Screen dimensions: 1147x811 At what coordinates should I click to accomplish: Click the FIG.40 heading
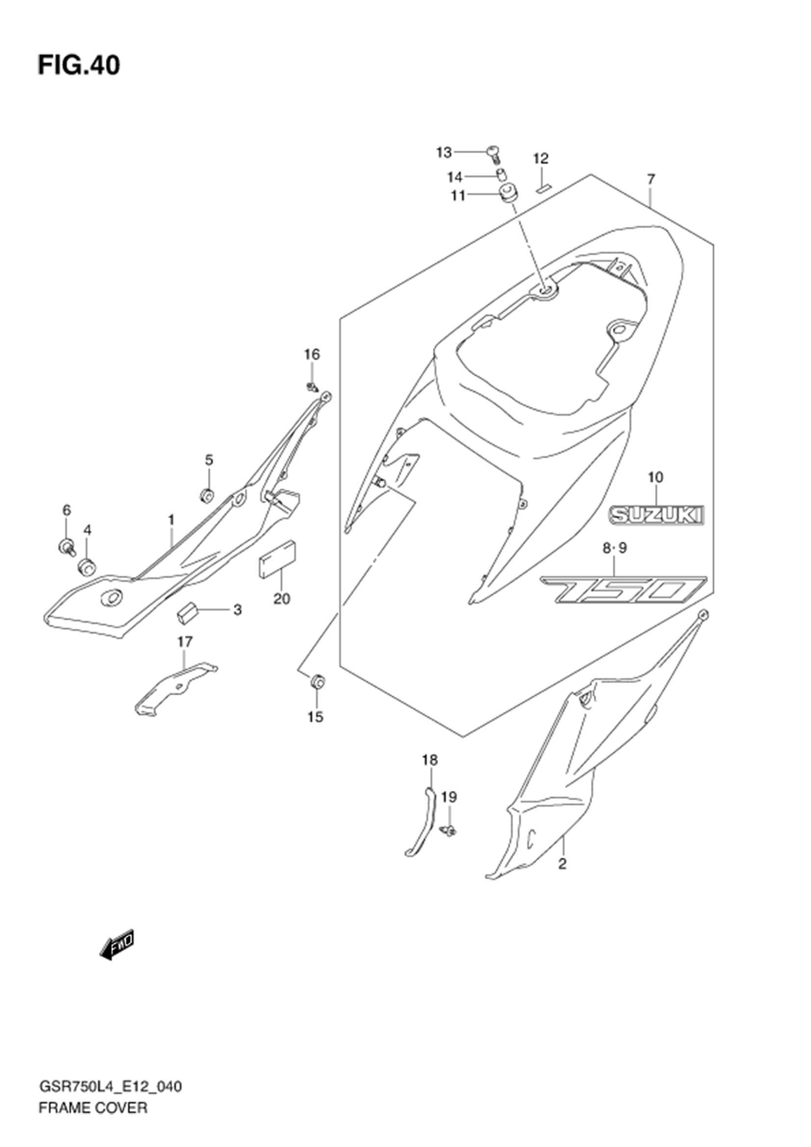point(79,66)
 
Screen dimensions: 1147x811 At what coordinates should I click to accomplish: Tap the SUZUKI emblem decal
point(655,515)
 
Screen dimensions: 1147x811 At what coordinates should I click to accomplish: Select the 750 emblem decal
point(623,591)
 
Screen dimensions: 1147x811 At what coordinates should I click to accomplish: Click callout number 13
point(444,153)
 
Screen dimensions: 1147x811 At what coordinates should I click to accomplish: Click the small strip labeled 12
point(543,188)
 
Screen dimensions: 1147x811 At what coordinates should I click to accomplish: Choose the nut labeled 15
point(317,681)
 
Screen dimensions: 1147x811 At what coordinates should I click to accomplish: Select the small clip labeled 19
point(449,831)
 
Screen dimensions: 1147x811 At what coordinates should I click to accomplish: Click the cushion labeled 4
point(87,567)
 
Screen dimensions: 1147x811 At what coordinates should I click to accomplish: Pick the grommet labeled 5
point(207,496)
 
